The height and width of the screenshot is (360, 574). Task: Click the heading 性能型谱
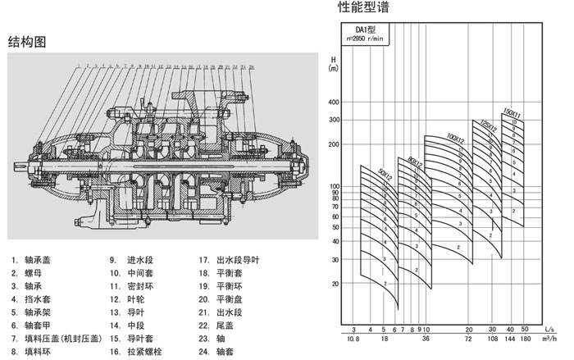coord(364,9)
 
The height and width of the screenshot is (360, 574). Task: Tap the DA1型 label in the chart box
coord(358,30)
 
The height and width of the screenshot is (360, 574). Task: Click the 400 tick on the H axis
coord(333,103)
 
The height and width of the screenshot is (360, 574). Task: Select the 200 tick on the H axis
coord(333,144)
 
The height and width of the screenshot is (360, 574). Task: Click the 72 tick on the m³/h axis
coord(469,339)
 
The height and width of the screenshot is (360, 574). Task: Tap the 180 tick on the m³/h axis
coord(526,339)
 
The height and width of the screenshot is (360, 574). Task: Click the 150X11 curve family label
coord(511,114)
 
